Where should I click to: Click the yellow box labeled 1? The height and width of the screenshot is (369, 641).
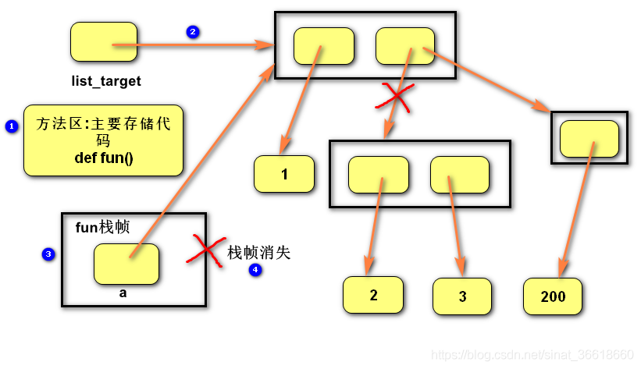284,174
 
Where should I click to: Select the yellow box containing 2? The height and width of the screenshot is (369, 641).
373,296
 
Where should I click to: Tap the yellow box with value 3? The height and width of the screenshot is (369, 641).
463,297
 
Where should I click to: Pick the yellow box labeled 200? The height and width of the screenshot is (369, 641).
553,296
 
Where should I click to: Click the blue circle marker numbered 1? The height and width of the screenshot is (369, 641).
12,126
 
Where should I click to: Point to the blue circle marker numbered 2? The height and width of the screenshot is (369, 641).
193,32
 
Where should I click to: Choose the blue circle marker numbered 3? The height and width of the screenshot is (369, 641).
48,254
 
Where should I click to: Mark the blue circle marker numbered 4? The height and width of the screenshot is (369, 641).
255,270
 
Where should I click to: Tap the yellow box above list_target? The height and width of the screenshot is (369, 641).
103,42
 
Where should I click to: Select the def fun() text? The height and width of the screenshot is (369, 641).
104,158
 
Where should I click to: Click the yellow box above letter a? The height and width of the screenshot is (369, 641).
126,264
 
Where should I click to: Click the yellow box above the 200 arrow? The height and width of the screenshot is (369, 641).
589,139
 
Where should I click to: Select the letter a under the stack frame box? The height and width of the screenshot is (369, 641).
123,294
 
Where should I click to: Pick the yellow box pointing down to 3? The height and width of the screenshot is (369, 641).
460,175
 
